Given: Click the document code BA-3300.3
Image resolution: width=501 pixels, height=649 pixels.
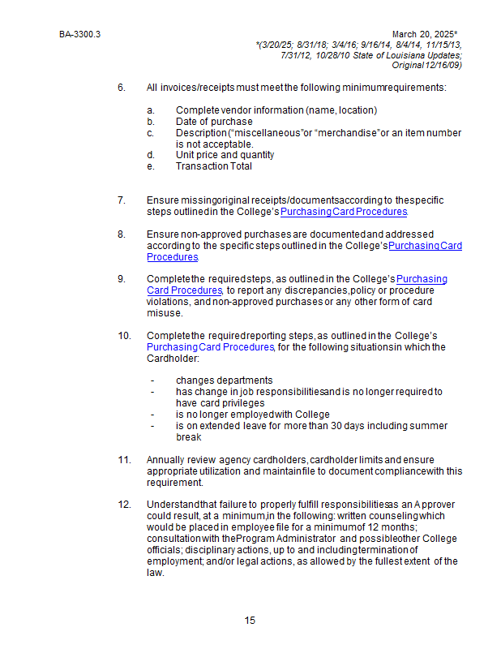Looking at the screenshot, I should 74,35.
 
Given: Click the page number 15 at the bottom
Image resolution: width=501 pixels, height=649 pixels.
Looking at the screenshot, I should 250,621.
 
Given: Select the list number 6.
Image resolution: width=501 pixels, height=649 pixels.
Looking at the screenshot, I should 122,87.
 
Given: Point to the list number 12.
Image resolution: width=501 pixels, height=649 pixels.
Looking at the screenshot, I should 124,504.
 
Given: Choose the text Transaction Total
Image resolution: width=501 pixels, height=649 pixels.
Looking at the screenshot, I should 213,166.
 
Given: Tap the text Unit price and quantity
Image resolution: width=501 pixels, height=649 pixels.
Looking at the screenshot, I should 225,155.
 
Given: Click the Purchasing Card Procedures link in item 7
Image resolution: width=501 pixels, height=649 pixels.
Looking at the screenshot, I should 344,212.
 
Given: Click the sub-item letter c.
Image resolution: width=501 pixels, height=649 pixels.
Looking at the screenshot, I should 150,133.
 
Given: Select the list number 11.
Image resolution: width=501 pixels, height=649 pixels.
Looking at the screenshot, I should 124,459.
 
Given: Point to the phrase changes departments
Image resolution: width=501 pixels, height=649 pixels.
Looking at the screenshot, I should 224,380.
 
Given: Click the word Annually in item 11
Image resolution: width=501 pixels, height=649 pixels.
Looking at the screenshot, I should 166,459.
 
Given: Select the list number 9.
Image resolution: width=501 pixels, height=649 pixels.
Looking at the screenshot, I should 122,279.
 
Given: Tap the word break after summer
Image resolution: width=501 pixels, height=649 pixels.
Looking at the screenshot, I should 188,436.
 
